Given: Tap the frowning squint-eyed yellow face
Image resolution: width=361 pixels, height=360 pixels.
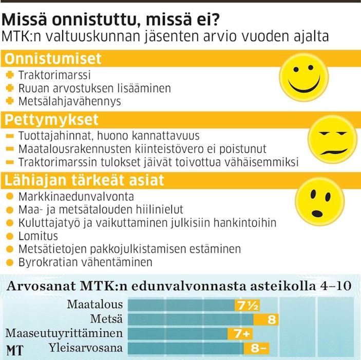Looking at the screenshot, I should pyautogui.click(x=329, y=138).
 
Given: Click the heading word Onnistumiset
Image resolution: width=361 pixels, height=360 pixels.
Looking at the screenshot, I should pyautogui.click(x=53, y=58).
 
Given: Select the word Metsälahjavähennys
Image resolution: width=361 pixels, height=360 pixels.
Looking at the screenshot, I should pyautogui.click(x=69, y=101).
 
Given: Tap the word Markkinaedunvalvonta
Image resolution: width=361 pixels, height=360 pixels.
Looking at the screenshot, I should pyautogui.click(x=76, y=197).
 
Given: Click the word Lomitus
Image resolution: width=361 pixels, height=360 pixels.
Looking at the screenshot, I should pyautogui.click(x=38, y=236).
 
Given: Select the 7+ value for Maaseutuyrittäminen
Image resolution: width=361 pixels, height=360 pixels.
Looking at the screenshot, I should pyautogui.click(x=241, y=334).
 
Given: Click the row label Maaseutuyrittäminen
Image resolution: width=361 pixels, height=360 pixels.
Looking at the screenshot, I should pyautogui.click(x=64, y=334).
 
